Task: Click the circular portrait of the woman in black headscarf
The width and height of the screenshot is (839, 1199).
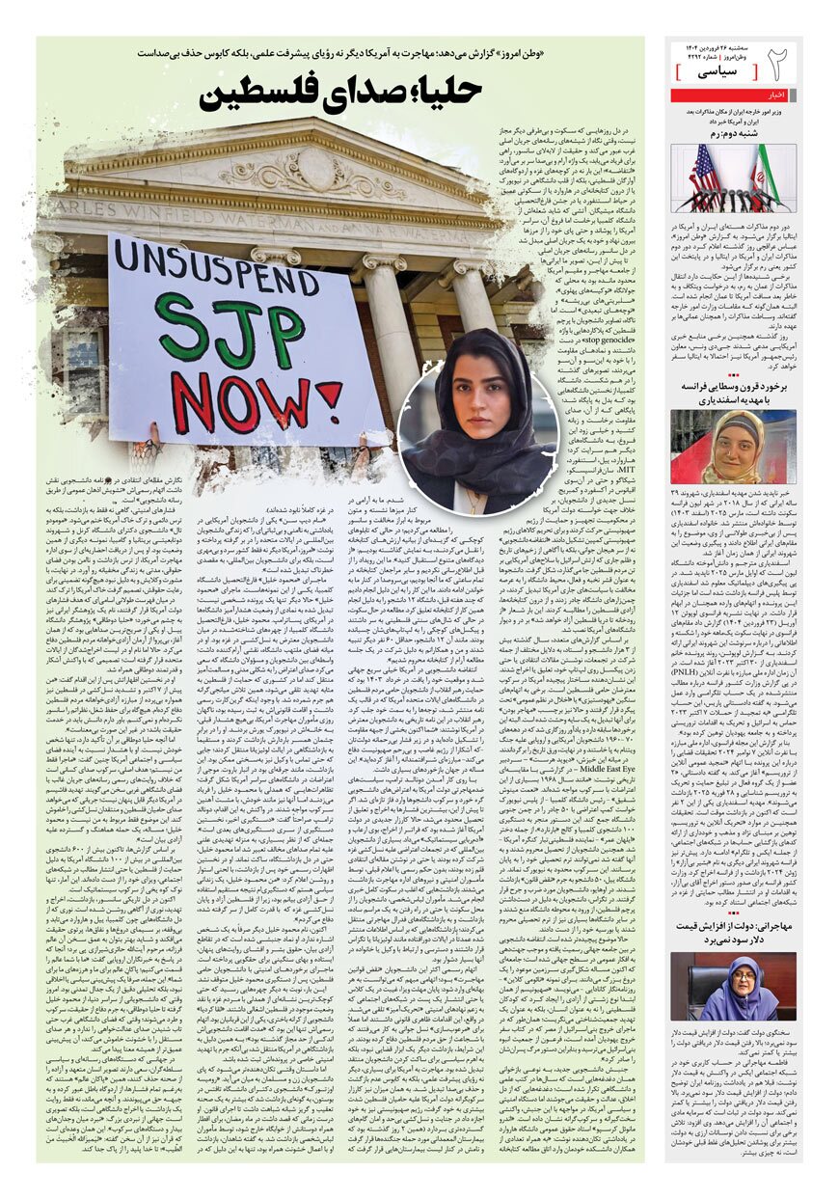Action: [478, 440]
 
